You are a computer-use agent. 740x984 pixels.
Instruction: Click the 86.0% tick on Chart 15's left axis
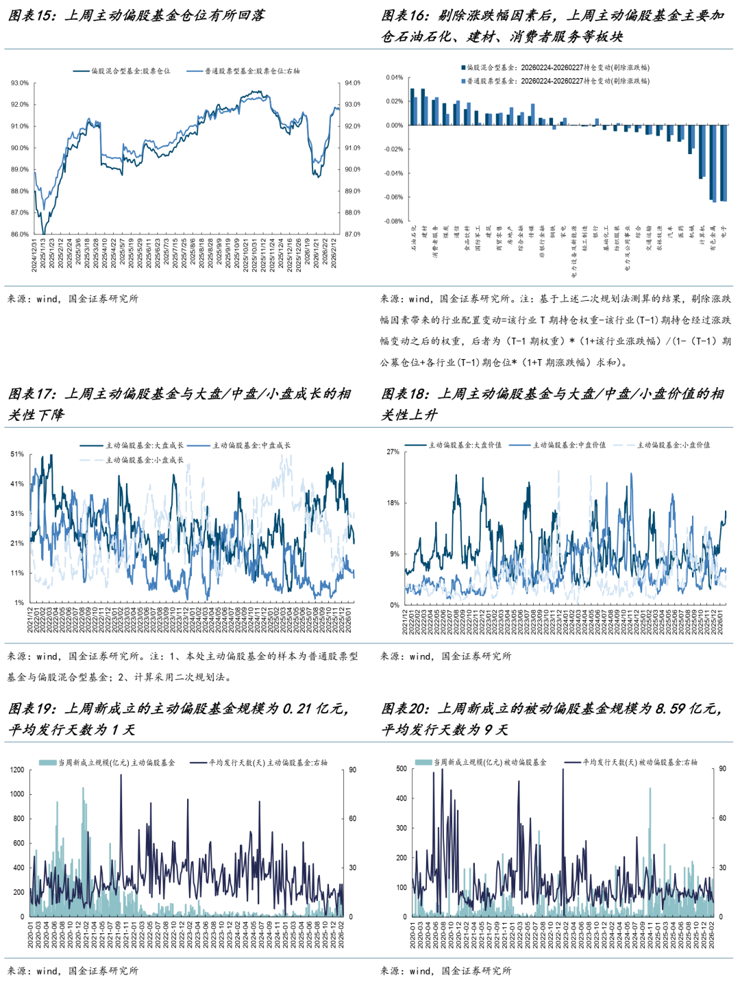[19, 234]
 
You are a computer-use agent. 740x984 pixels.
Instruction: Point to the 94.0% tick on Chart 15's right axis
[353, 83]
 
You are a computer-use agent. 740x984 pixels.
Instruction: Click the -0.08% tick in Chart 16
[393, 221]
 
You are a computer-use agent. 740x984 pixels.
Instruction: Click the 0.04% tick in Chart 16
[395, 77]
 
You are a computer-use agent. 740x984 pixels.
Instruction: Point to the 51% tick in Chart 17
[17, 454]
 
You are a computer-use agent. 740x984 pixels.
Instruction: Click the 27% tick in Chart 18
[393, 452]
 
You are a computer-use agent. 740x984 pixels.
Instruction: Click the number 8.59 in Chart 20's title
[671, 709]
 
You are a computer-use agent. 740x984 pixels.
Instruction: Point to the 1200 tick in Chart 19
[16, 770]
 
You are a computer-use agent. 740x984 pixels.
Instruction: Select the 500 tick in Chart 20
[402, 769]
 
